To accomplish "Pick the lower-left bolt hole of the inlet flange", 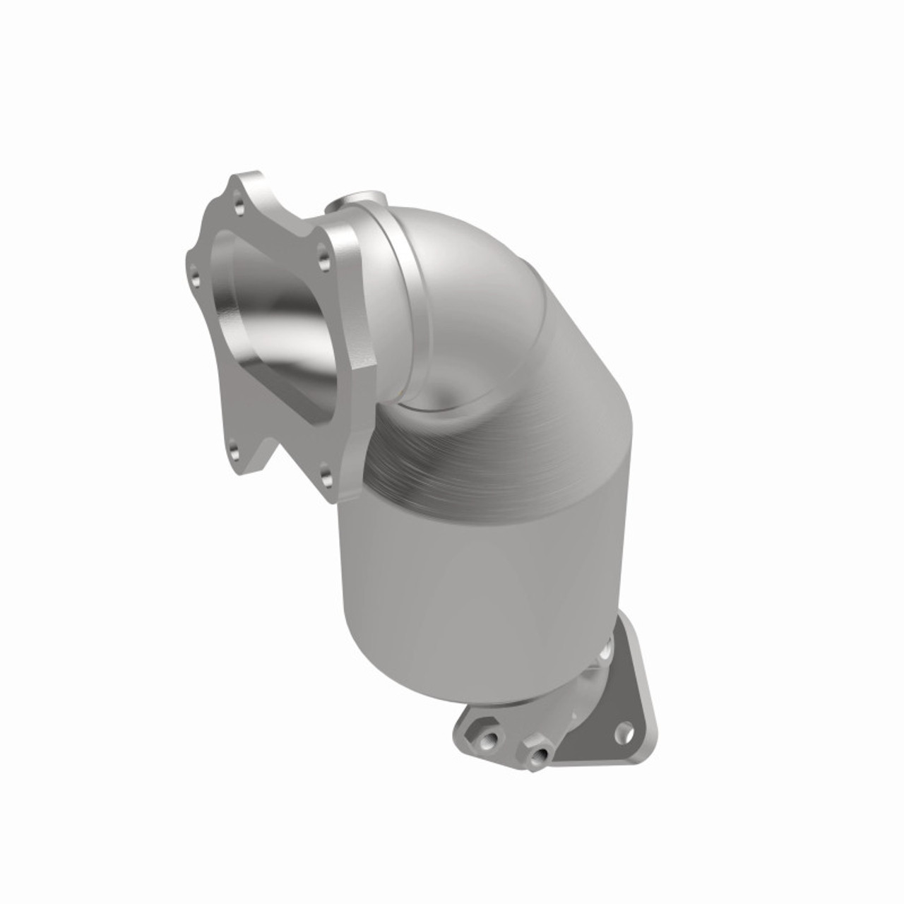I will [231, 446].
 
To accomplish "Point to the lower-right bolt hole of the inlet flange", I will [323, 477].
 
